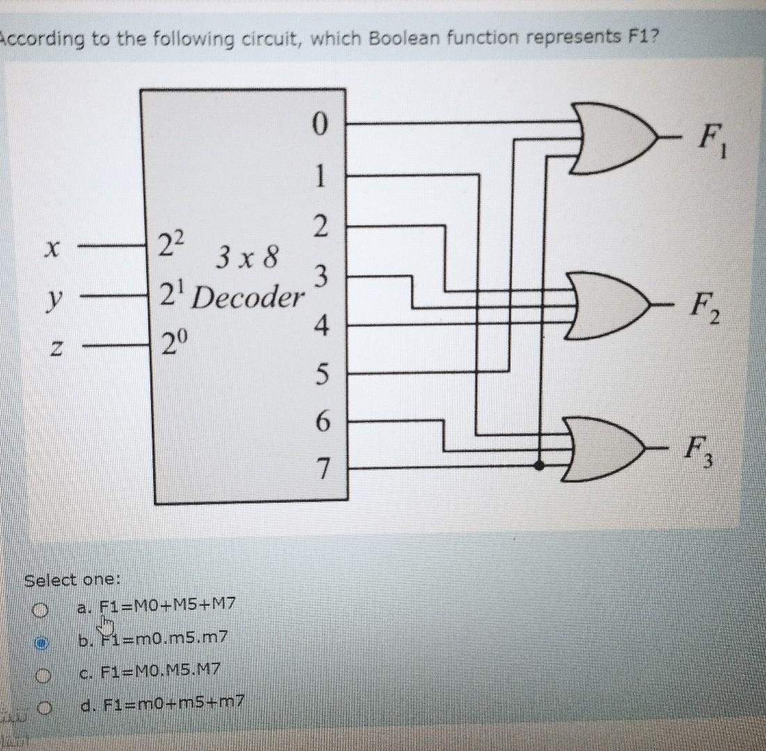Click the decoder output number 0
click(319, 126)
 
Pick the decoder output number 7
click(321, 468)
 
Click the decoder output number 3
click(321, 277)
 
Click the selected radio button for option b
click(43, 643)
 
